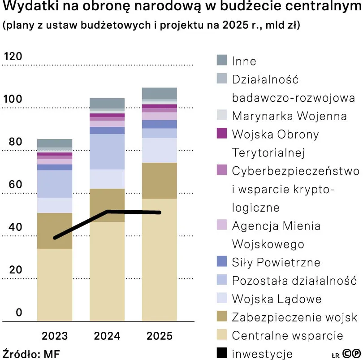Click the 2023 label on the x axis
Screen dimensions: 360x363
click(55, 336)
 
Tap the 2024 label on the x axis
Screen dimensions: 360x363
click(107, 336)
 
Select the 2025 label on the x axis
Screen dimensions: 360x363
click(160, 336)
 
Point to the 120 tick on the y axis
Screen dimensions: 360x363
click(13, 56)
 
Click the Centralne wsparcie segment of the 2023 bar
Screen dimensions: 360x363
click(55, 285)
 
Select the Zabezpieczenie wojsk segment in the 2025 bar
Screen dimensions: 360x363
click(160, 180)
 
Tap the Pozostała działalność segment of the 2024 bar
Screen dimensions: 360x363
click(107, 152)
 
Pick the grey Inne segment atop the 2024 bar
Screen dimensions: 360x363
click(107, 103)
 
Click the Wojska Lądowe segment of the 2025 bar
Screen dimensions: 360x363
click(160, 150)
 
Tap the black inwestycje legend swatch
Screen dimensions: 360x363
click(222, 353)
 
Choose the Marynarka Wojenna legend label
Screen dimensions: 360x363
click(290, 116)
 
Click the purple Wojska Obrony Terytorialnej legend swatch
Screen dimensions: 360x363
click(222, 134)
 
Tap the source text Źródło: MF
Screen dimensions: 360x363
click(31, 353)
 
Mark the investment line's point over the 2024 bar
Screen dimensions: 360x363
click(107, 211)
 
